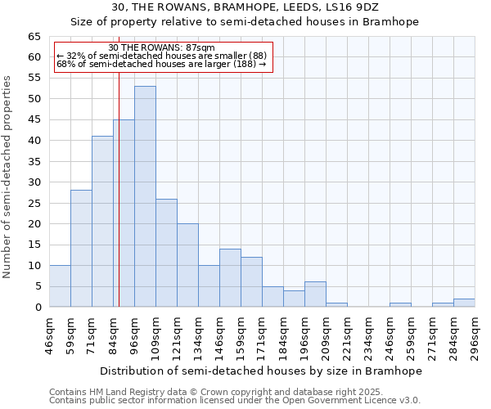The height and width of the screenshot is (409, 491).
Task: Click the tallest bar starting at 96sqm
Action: pyautogui.click(x=145, y=196)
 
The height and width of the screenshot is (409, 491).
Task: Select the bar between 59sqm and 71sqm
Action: pyautogui.click(x=81, y=249)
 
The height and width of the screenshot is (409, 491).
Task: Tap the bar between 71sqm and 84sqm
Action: pyautogui.click(x=102, y=222)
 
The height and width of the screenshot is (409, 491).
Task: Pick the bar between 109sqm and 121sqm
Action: pyautogui.click(x=166, y=253)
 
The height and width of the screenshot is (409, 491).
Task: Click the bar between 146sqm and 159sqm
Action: pyautogui.click(x=230, y=278)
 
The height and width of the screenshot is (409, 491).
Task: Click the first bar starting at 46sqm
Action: pyautogui.click(x=60, y=286)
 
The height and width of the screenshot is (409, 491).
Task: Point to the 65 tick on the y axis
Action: pyautogui.click(x=34, y=37)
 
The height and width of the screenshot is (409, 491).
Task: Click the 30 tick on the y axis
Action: pyautogui.click(x=34, y=182)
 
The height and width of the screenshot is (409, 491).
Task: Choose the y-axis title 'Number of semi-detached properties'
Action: pyautogui.click(x=8, y=177)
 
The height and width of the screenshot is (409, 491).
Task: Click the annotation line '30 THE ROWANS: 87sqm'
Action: pyautogui.click(x=161, y=48)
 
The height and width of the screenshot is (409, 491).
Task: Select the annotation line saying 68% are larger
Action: pyautogui.click(x=161, y=64)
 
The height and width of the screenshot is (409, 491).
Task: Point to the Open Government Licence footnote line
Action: pyautogui.click(x=235, y=401)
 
